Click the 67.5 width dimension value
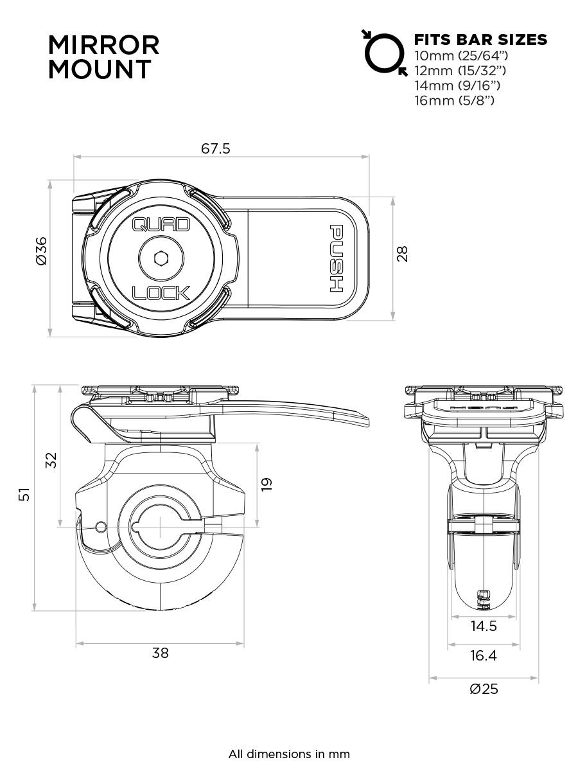point(216,148)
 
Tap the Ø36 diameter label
point(41,251)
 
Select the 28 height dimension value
point(403,253)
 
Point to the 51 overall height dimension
point(24,494)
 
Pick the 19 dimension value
point(267,484)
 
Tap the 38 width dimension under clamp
point(160,653)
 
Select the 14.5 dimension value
point(483,626)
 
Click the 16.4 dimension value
point(483,656)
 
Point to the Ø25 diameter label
point(483,689)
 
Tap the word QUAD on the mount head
point(161,225)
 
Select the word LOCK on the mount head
point(161,294)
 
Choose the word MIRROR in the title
point(104,46)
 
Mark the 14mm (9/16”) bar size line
point(458,85)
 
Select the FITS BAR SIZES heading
point(481,40)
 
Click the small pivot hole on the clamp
point(100,527)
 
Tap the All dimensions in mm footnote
point(289,754)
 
